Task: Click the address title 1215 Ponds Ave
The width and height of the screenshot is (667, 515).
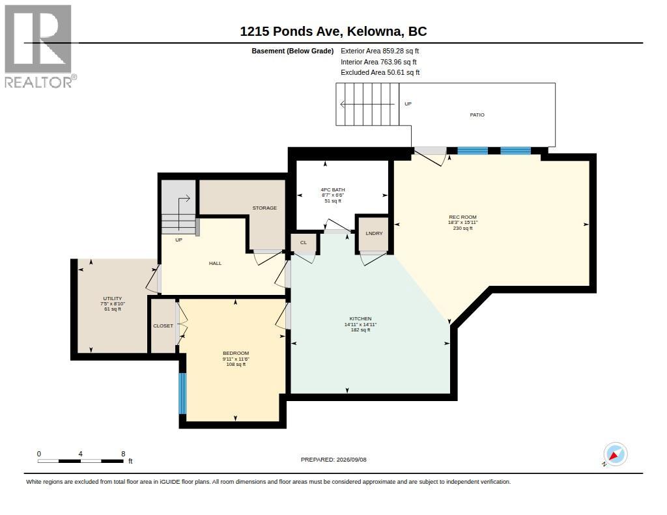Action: click(x=290, y=31)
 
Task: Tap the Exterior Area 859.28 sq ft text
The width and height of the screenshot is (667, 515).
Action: click(x=380, y=51)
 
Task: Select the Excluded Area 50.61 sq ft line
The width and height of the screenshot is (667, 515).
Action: click(x=380, y=73)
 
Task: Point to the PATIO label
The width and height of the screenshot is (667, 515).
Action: click(x=477, y=115)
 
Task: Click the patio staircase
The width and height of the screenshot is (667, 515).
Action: click(x=367, y=104)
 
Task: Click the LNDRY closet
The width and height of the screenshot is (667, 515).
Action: click(x=373, y=234)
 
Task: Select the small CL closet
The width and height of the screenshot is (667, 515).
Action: click(x=304, y=243)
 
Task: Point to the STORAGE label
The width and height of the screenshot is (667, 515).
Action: click(x=264, y=208)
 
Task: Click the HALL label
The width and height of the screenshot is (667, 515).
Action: click(x=215, y=263)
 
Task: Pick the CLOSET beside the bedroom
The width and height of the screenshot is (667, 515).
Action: click(x=163, y=326)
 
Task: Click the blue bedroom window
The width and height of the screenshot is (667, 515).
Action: click(x=182, y=393)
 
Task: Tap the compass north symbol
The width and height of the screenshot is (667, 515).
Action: click(x=615, y=454)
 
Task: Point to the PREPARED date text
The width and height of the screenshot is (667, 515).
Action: click(x=333, y=460)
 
